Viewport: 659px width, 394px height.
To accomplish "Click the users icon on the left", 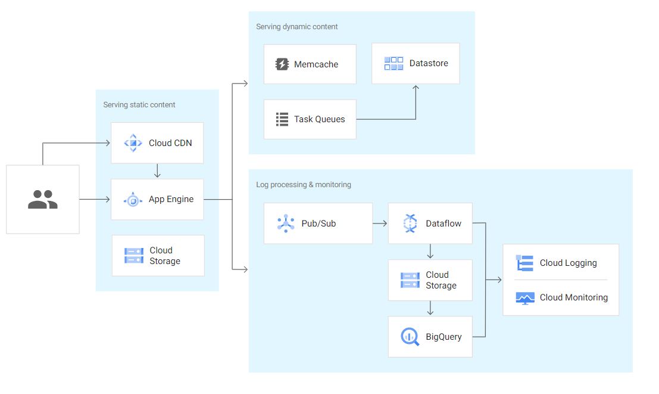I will pos(43,199).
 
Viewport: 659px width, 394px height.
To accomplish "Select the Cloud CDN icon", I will pos(133,143).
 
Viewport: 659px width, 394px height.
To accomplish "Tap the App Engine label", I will pos(171,199).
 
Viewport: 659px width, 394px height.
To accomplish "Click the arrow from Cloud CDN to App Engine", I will pos(157,171).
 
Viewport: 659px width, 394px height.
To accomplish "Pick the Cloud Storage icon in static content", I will pos(134,256).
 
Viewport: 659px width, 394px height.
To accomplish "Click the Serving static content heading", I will pos(139,105).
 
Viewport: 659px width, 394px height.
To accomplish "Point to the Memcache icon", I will pos(282,64).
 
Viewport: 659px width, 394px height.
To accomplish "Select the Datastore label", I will pos(429,63).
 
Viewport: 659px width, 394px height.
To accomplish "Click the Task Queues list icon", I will pos(282,119).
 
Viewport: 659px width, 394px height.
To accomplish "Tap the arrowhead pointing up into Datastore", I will pos(416,88).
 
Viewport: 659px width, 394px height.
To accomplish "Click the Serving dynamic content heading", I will pos(296,27).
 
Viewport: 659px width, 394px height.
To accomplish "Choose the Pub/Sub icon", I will pos(286,224).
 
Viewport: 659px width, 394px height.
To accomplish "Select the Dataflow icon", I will pos(410,224).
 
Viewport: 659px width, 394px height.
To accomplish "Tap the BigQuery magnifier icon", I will pos(410,337).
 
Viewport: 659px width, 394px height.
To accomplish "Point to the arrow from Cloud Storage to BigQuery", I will pos(430,308).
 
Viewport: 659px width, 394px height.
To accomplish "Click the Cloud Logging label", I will pos(568,263).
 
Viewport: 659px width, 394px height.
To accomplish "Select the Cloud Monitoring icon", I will pos(524,298).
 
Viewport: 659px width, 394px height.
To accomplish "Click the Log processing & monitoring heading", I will pos(304,185).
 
